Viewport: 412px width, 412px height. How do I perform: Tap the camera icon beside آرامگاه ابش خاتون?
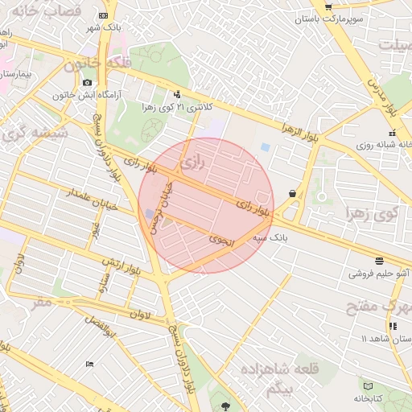[88, 82]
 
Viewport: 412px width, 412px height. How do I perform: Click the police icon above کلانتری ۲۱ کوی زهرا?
[177, 94]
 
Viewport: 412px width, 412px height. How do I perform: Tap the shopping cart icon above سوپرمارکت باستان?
[322, 4]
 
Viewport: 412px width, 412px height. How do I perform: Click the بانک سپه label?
[270, 239]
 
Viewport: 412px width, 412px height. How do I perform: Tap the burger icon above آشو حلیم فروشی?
[378, 259]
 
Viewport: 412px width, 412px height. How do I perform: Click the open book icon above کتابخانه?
[368, 386]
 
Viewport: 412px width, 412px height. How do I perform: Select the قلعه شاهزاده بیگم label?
[263, 378]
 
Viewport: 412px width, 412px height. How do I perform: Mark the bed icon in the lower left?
[89, 364]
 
